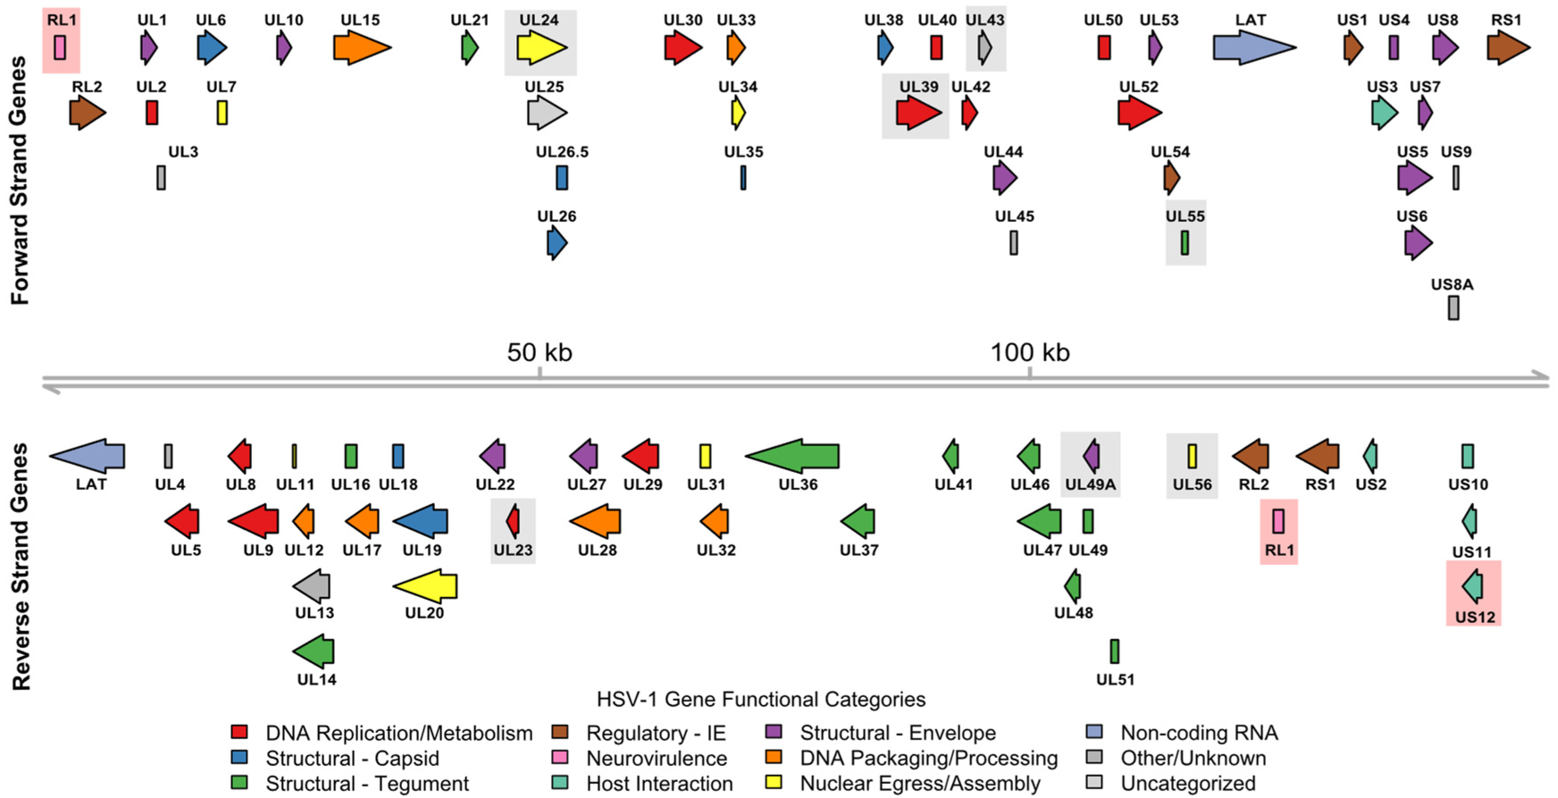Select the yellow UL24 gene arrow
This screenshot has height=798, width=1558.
(x=541, y=47)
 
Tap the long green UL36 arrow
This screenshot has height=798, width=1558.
(x=792, y=455)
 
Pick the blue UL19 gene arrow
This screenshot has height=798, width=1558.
(x=421, y=521)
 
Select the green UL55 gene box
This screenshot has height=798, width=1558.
(x=1185, y=242)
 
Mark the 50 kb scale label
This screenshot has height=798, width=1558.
(x=539, y=352)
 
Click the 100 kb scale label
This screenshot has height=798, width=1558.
(x=1029, y=352)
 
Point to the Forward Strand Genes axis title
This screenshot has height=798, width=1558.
(x=20, y=180)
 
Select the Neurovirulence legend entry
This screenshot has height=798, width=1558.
(x=656, y=758)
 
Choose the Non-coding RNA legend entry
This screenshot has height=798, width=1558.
(x=1199, y=733)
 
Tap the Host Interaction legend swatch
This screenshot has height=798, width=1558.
(x=560, y=783)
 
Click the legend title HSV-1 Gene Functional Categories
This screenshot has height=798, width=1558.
(x=761, y=699)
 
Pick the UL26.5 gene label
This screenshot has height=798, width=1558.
(x=562, y=151)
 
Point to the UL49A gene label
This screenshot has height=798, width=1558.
(x=1090, y=484)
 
